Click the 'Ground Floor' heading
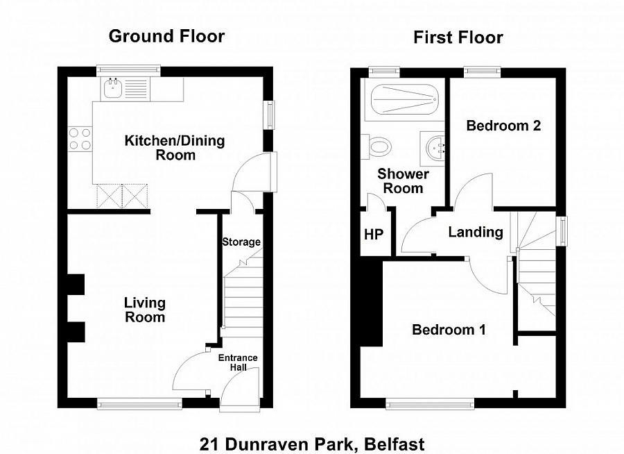[166, 36]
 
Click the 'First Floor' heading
[458, 37]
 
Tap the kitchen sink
[112, 89]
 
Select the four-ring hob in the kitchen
[80, 139]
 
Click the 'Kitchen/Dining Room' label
[175, 148]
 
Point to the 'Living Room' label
[145, 310]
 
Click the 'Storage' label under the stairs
[241, 242]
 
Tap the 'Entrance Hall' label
[238, 362]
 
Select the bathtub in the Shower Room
[404, 99]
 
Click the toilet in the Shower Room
[379, 146]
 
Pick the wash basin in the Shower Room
[434, 146]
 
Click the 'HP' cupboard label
[374, 234]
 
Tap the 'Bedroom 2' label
[503, 126]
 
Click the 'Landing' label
[476, 232]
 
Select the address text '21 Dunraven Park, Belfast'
[312, 444]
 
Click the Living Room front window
[139, 403]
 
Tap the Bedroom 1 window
[430, 403]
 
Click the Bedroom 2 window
[482, 69]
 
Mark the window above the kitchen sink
[128, 69]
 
